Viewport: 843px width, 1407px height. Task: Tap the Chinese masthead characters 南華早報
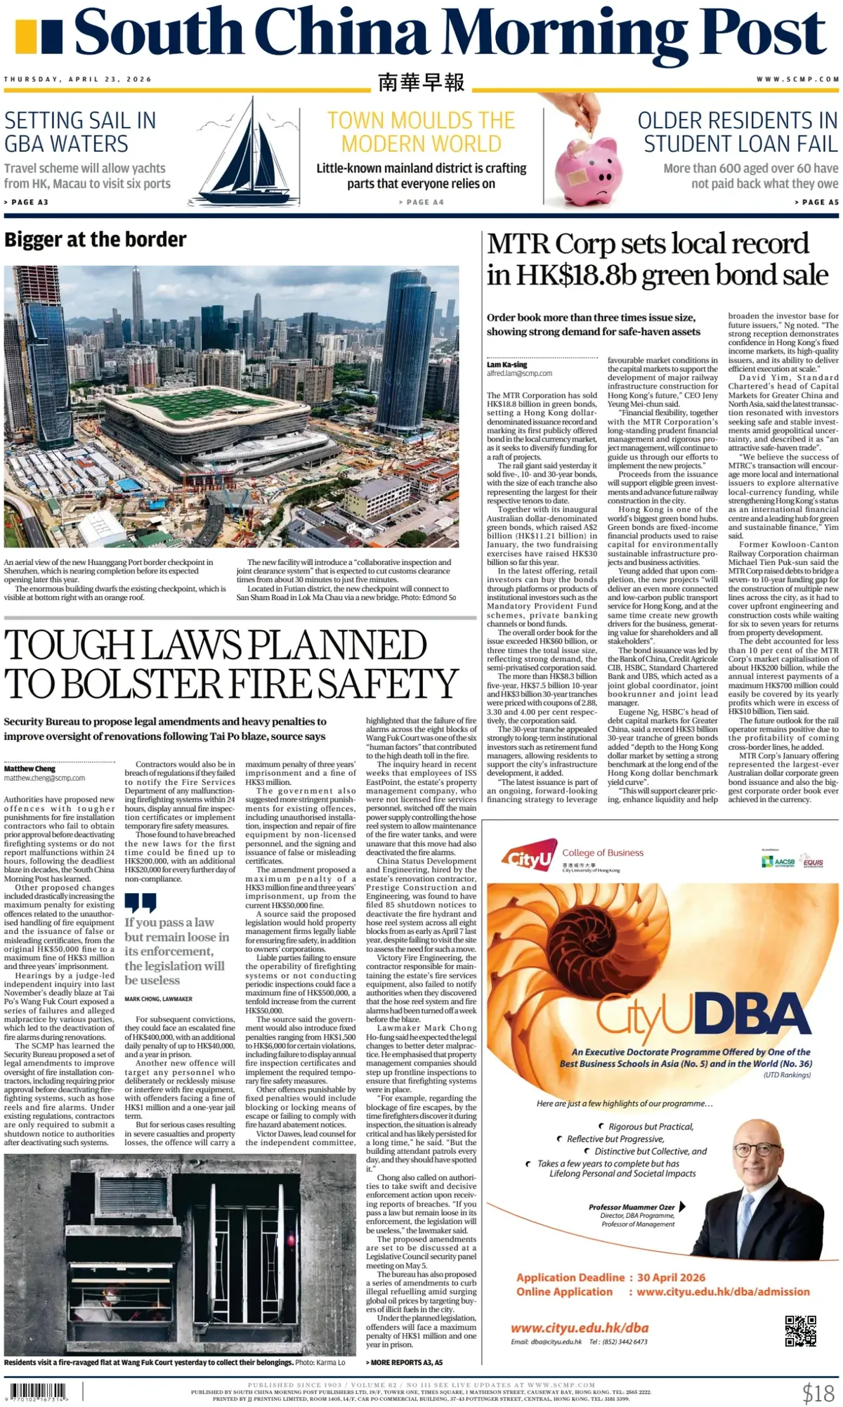click(421, 82)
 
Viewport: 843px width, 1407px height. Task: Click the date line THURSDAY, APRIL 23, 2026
click(78, 79)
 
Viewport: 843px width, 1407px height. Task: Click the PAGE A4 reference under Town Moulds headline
click(421, 202)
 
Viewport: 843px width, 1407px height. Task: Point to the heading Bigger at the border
click(96, 240)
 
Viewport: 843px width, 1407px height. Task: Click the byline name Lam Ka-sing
click(507, 365)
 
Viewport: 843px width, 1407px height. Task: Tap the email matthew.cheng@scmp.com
click(44, 778)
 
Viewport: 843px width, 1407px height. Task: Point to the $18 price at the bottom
click(818, 1392)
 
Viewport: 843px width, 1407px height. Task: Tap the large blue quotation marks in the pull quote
click(140, 902)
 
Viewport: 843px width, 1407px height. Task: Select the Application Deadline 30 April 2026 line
click(610, 1277)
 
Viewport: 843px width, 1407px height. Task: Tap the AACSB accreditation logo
click(778, 861)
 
